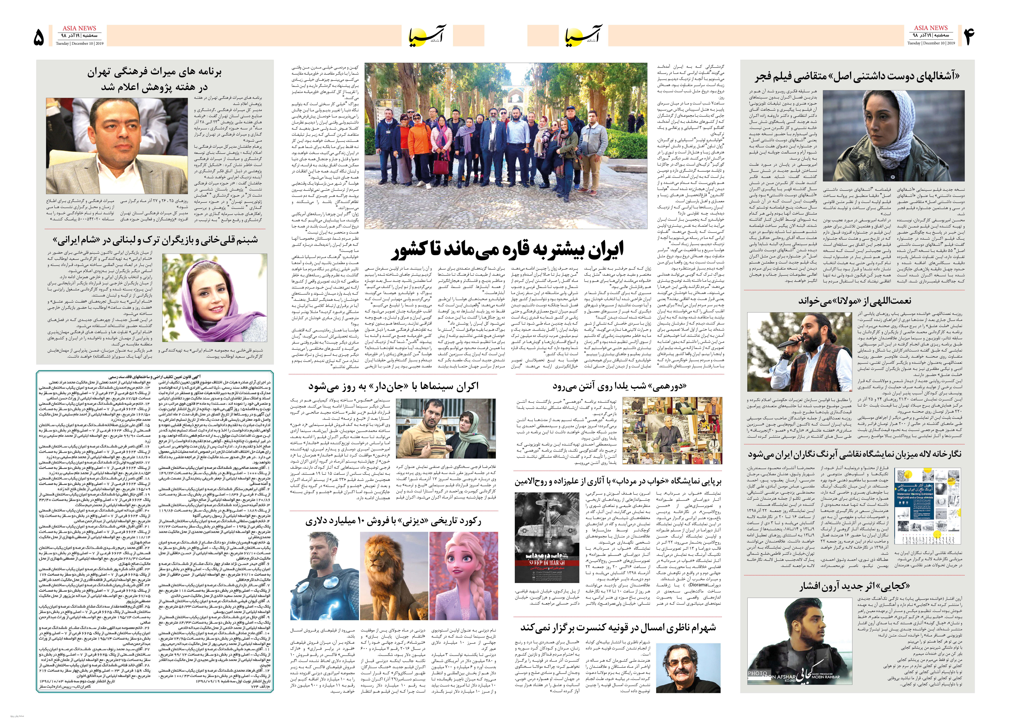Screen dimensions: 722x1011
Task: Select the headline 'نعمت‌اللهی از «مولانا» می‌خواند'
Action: click(x=854, y=300)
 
